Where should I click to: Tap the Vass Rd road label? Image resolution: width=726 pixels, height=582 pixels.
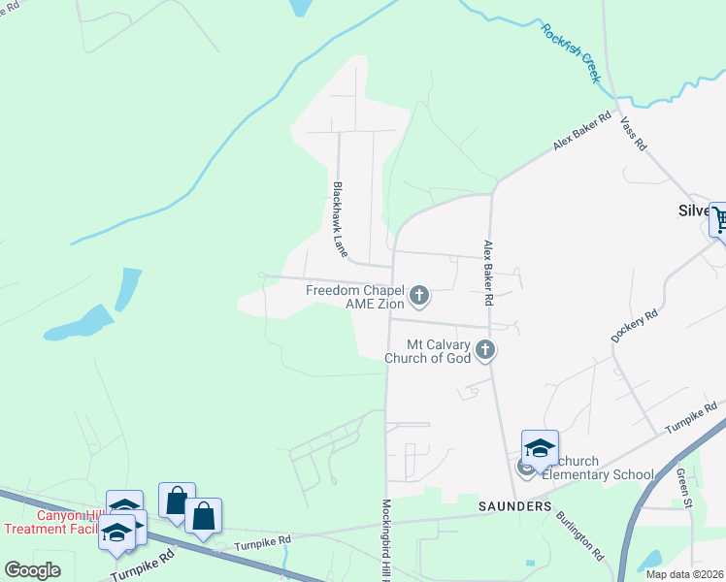(633, 135)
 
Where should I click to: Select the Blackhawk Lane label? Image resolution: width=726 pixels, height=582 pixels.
(340, 219)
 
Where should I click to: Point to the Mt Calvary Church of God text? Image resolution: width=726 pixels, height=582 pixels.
(428, 351)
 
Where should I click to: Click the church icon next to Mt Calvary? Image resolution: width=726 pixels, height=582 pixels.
(485, 349)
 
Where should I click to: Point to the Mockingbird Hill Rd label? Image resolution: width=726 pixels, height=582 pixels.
(385, 539)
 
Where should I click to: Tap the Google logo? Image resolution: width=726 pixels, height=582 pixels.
(32, 570)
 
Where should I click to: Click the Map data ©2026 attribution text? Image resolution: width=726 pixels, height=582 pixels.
(684, 574)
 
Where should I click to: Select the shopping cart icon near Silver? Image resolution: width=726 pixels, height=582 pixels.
(719, 220)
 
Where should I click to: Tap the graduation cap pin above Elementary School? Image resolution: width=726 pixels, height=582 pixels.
(540, 447)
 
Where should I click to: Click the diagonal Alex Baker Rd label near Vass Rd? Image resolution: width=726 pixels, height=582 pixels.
(582, 129)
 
